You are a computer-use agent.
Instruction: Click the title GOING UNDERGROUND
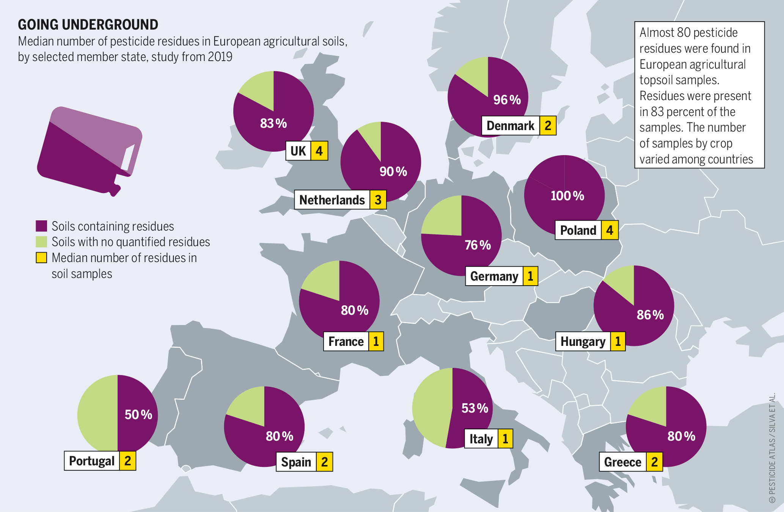[88, 25]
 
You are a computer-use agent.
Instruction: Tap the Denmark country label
[510, 126]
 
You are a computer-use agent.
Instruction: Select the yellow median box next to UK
[319, 151]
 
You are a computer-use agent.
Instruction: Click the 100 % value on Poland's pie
[567, 196]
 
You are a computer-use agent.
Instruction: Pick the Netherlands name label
[332, 200]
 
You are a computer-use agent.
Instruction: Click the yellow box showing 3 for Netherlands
[378, 200]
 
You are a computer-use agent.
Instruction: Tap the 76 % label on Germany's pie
[478, 245]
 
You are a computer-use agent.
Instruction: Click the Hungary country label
[583, 341]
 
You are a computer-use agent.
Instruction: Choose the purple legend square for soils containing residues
[41, 226]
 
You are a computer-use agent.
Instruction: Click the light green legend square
[41, 242]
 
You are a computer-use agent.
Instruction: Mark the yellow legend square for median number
[41, 258]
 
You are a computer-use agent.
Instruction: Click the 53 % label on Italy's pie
[475, 408]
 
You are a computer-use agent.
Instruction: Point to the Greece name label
[622, 462]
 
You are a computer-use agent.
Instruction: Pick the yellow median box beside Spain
[324, 462]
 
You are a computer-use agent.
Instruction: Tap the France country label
[346, 341]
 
